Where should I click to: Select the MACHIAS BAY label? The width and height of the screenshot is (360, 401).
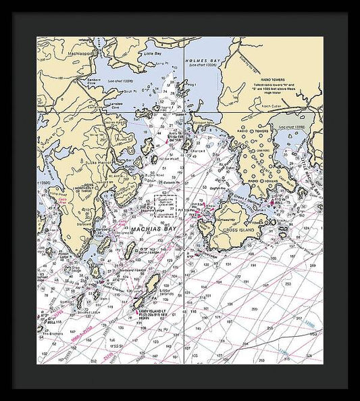[153, 229]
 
